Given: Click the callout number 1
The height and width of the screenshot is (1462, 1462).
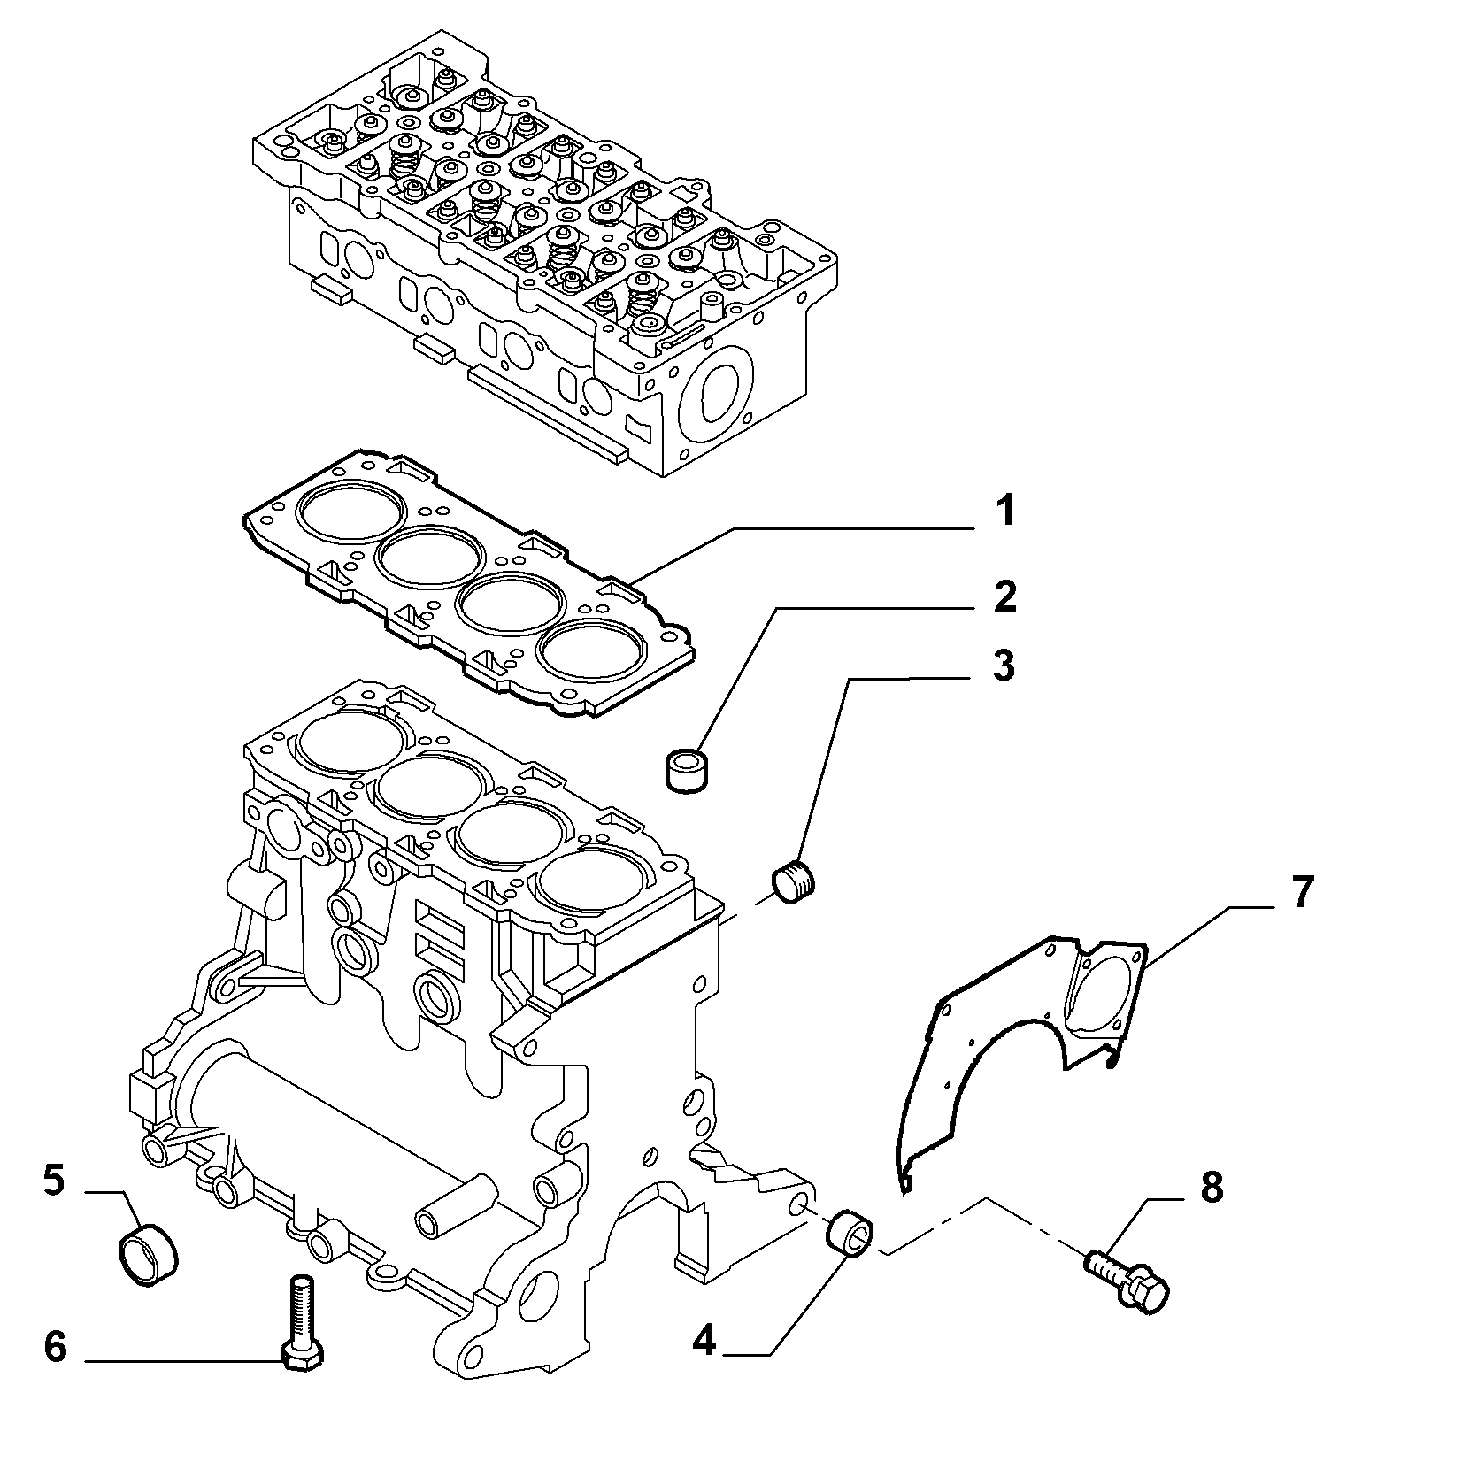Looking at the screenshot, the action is [x=1003, y=512].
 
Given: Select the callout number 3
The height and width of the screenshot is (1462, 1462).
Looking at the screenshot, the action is [x=1004, y=666].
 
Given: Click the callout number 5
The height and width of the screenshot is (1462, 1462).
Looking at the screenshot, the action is [x=54, y=1181].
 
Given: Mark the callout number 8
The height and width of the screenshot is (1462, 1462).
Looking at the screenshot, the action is [x=1211, y=1189].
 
